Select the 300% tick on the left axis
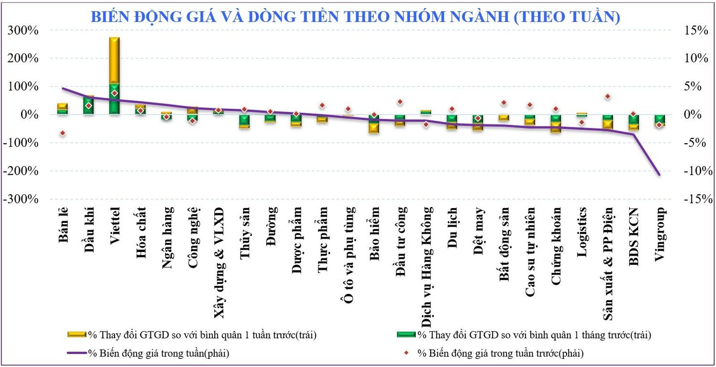coord(22,31)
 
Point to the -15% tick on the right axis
coord(694,199)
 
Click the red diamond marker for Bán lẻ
coord(63,133)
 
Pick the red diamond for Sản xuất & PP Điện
coord(608,97)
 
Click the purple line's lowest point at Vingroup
coord(660,175)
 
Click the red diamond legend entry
coord(496,354)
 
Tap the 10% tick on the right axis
coord(694,59)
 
